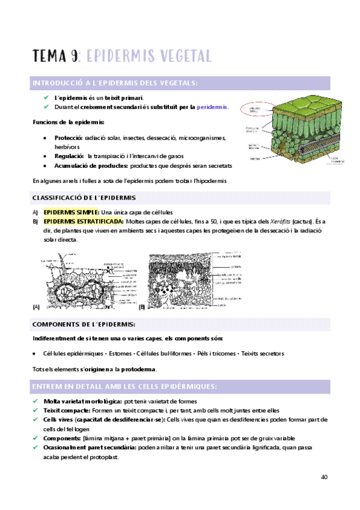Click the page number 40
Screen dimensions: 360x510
tap(324, 477)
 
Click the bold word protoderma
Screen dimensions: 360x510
tap(139, 369)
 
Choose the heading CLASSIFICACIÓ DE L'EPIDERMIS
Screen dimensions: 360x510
tap(84, 197)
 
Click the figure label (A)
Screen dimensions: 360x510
tap(36, 307)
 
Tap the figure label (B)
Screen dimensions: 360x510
tap(142, 307)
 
